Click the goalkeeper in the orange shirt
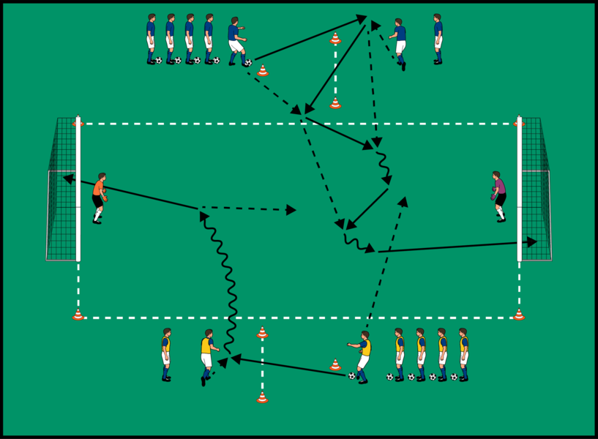click(x=99, y=198)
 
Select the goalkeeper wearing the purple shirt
click(x=499, y=196)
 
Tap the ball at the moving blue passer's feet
click(x=248, y=63)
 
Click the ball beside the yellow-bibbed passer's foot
click(x=352, y=376)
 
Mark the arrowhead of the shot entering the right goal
click(x=532, y=241)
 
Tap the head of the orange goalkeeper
click(x=102, y=176)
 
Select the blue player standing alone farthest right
click(x=438, y=39)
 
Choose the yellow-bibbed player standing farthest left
click(x=166, y=355)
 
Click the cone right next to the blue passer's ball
click(x=263, y=71)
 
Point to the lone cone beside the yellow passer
click(x=334, y=364)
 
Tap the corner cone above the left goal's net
click(x=78, y=123)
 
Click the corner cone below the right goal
click(x=519, y=315)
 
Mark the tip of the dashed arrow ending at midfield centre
click(x=292, y=210)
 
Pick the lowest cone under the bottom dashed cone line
click(x=262, y=398)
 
